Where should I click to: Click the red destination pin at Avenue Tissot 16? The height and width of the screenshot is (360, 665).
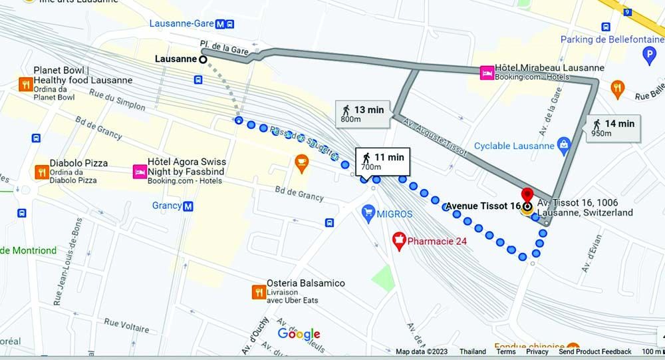(x=527, y=196)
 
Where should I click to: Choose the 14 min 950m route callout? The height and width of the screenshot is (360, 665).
(x=612, y=127)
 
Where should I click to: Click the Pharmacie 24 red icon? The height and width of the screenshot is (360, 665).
(x=399, y=240)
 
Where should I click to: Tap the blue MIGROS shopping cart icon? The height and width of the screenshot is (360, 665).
(x=367, y=214)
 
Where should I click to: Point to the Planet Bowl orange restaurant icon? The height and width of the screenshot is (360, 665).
(x=25, y=84)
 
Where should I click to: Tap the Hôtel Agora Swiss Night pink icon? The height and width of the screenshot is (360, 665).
(x=140, y=171)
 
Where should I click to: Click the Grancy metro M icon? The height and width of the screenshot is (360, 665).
(x=188, y=206)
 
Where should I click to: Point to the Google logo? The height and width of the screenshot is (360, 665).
(x=299, y=334)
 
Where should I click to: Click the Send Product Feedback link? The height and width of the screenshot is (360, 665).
(x=595, y=352)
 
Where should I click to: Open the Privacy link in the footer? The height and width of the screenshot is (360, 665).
(x=537, y=352)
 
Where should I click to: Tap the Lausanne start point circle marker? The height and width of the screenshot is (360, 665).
(x=203, y=59)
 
